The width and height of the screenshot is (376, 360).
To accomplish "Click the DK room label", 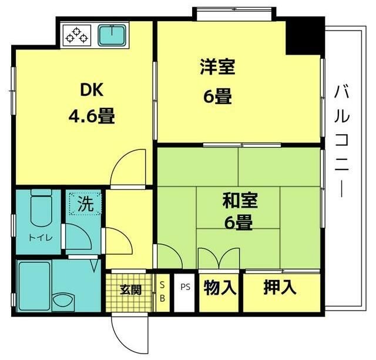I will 91,91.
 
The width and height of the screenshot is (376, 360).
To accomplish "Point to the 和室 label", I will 238,201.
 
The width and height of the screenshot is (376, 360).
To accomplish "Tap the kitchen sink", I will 112,35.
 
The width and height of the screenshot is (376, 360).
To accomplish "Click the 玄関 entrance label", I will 130,289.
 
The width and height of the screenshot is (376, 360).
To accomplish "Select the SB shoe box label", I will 163,291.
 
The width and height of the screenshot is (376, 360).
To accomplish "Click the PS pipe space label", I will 186,288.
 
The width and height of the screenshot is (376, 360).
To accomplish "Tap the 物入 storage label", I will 220,288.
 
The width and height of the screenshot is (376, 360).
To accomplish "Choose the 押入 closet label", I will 280,288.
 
